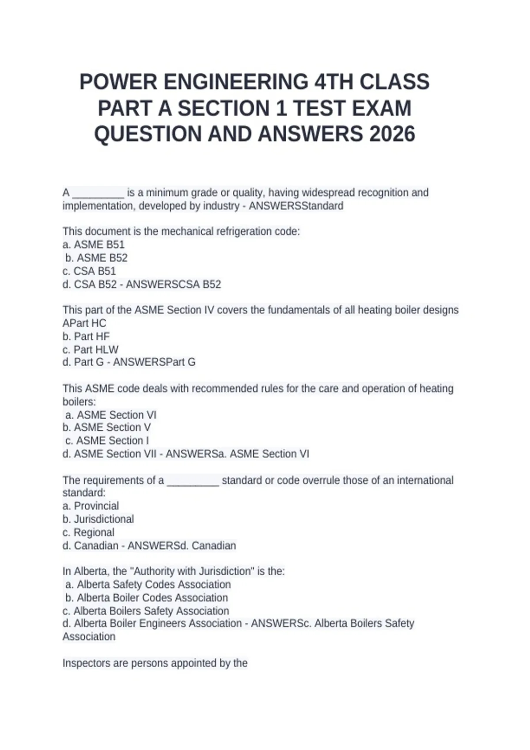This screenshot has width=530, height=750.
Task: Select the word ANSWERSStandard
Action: pos(296,206)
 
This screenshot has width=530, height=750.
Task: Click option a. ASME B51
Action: pos(94,245)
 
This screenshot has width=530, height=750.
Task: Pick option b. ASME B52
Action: pos(96,258)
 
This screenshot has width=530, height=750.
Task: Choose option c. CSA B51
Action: pos(89,271)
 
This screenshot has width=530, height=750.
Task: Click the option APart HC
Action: pos(84,323)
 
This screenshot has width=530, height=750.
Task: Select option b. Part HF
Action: pos(86,337)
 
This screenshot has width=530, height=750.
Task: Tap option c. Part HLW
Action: pos(91,350)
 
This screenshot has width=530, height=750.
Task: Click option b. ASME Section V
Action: pos(106,427)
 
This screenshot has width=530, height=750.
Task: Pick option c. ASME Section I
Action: pos(107,441)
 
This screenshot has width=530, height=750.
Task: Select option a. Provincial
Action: pos(91,506)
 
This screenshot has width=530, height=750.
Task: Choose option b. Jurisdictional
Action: pos(98,519)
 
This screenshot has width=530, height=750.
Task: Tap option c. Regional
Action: pos(88,532)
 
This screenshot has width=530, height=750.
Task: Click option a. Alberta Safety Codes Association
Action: pos(148,585)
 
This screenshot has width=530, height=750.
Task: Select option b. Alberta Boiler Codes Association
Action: pos(147,598)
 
